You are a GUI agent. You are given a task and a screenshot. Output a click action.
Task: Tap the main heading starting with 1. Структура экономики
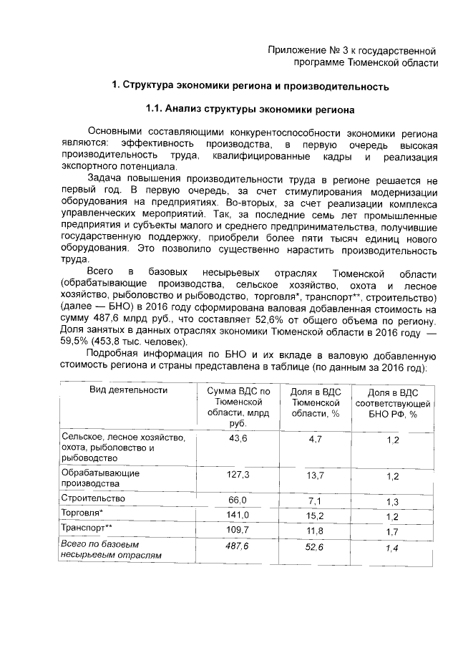[250, 87]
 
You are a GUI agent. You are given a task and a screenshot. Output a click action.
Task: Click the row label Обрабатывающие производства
[101, 478]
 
